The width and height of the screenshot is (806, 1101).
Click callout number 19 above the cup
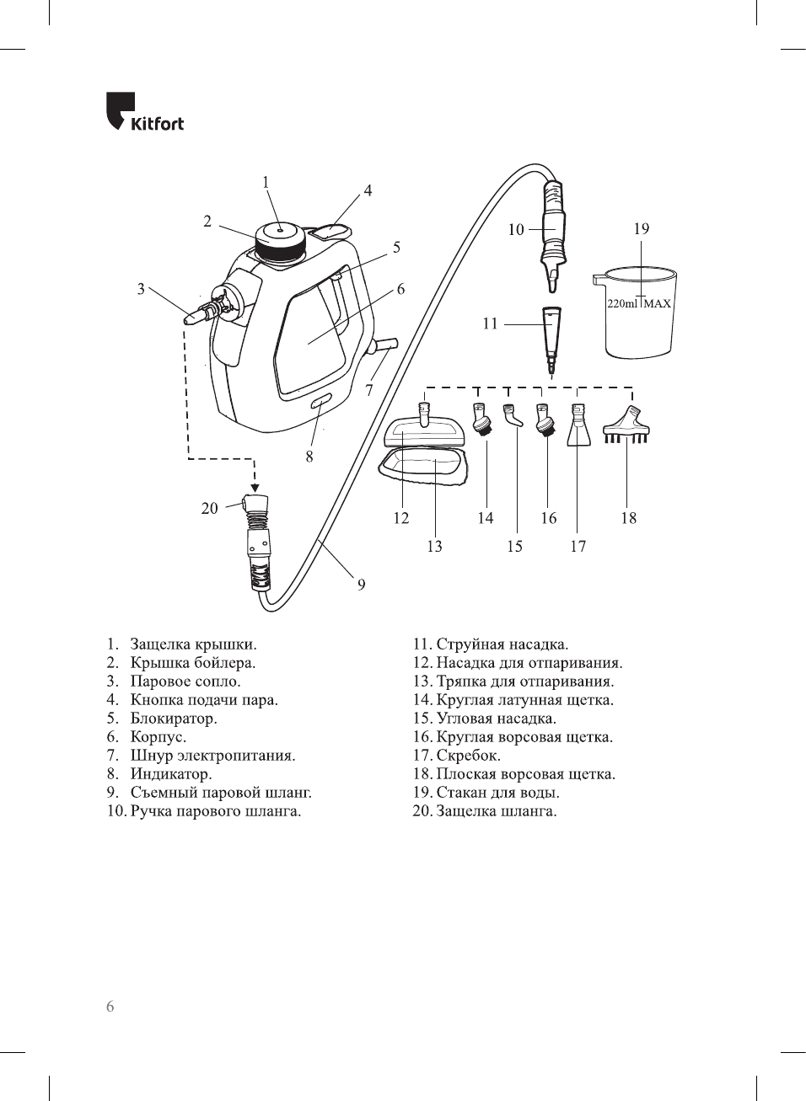[x=642, y=229]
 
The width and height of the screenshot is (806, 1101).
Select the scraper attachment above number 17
[x=578, y=425]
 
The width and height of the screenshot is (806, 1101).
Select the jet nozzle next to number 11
[x=551, y=337]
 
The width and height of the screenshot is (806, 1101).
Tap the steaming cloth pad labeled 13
[x=422, y=468]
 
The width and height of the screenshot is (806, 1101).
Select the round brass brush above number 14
[x=482, y=420]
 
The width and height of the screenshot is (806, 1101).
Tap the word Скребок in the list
[x=468, y=756]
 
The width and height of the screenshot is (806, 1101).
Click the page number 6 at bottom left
[x=110, y=1007]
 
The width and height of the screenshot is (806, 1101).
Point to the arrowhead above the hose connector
[x=255, y=486]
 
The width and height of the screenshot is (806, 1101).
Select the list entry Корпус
[x=158, y=737]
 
